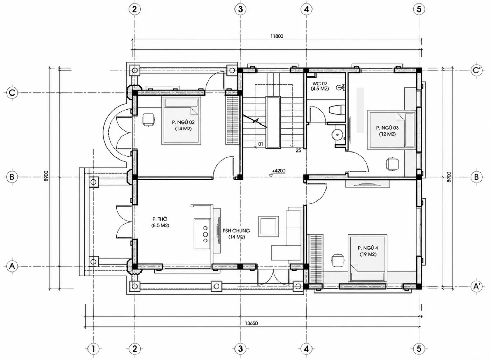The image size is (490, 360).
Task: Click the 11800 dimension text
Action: click(277, 36)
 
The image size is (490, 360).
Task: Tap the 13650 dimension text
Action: click(251, 323)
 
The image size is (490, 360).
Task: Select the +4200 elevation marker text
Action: click(279, 171)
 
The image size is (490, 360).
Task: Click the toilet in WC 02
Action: click(336, 110)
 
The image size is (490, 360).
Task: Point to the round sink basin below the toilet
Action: click(337, 134)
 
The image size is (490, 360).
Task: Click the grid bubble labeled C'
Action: click(476, 70)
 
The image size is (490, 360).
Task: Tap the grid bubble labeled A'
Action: click(476, 287)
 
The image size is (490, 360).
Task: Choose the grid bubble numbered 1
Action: click(93, 348)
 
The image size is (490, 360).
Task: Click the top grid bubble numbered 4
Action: click(306, 9)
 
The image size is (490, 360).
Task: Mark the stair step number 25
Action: click(298, 150)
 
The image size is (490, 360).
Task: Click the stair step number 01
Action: click(260, 144)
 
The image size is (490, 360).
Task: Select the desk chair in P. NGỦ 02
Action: click(149, 120)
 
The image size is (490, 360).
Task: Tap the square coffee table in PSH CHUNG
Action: click(268, 226)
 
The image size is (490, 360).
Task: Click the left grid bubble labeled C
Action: click(12, 93)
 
